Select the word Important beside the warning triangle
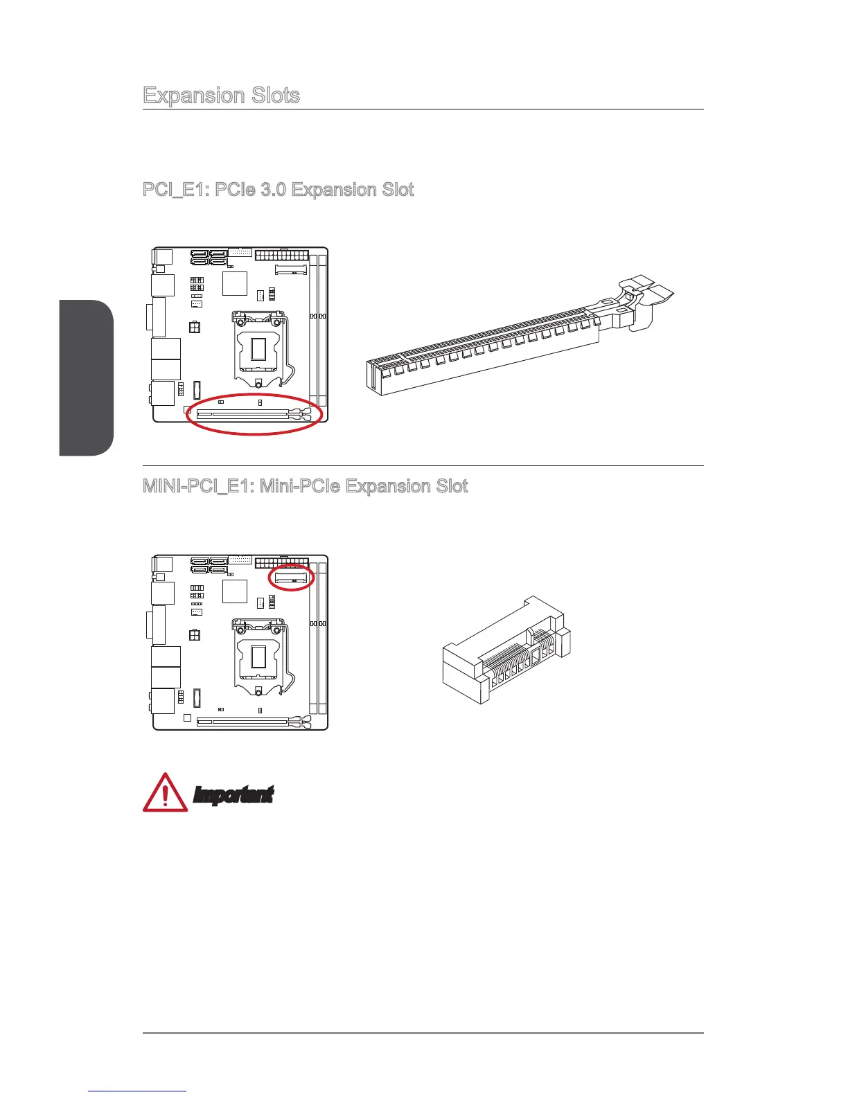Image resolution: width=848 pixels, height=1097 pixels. pos(233,796)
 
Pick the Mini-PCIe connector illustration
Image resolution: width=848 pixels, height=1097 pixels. pos(506,651)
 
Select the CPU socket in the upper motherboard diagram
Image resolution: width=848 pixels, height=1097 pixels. pos(258,350)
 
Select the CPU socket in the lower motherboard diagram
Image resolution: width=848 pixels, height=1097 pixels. pos(258,658)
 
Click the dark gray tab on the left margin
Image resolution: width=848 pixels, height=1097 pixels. pos(86,378)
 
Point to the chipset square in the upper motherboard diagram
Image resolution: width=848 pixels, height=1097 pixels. pos(235,284)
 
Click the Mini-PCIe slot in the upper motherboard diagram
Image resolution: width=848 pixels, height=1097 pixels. pos(291,269)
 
